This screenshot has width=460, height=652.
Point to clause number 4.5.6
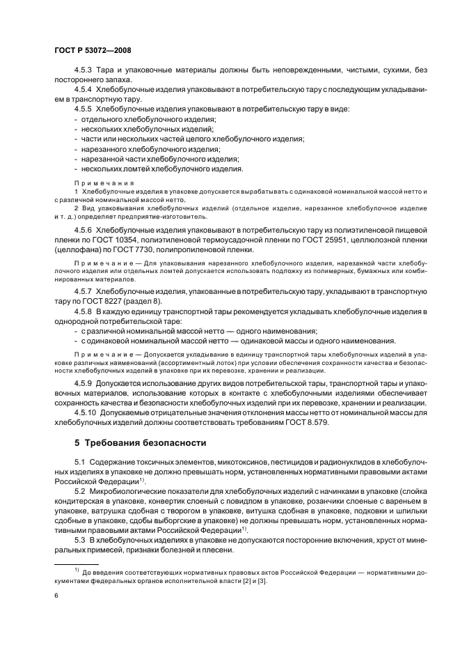point(84,229)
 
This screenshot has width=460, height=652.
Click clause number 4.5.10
point(86,411)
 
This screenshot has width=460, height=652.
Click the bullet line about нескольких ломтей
point(161,169)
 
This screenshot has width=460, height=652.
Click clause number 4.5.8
point(84,311)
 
